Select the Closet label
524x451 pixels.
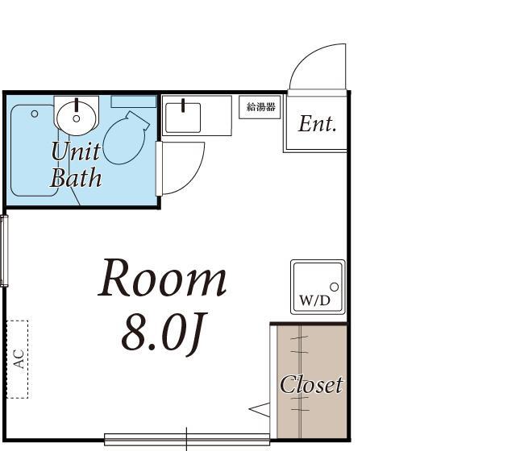(311, 385)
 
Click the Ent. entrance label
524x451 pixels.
(317, 124)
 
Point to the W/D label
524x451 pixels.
(314, 301)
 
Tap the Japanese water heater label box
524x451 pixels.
(260, 107)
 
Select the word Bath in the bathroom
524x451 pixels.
(76, 177)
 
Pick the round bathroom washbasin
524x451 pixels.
(77, 114)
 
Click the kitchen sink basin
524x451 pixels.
(186, 116)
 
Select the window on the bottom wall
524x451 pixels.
(186, 440)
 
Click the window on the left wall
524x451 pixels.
(4, 251)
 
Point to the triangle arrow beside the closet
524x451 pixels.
(260, 410)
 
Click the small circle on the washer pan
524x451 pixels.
(334, 287)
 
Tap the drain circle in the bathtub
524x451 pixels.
(35, 114)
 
